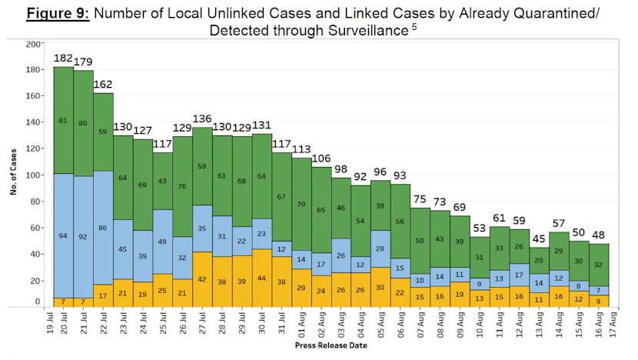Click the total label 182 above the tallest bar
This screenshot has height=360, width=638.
[63, 58]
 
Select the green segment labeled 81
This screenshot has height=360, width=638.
[63, 121]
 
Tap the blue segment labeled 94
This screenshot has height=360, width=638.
[63, 235]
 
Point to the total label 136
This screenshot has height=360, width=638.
[203, 118]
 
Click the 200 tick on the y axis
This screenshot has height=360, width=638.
[32, 45]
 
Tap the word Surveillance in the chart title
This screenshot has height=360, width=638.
[363, 31]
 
